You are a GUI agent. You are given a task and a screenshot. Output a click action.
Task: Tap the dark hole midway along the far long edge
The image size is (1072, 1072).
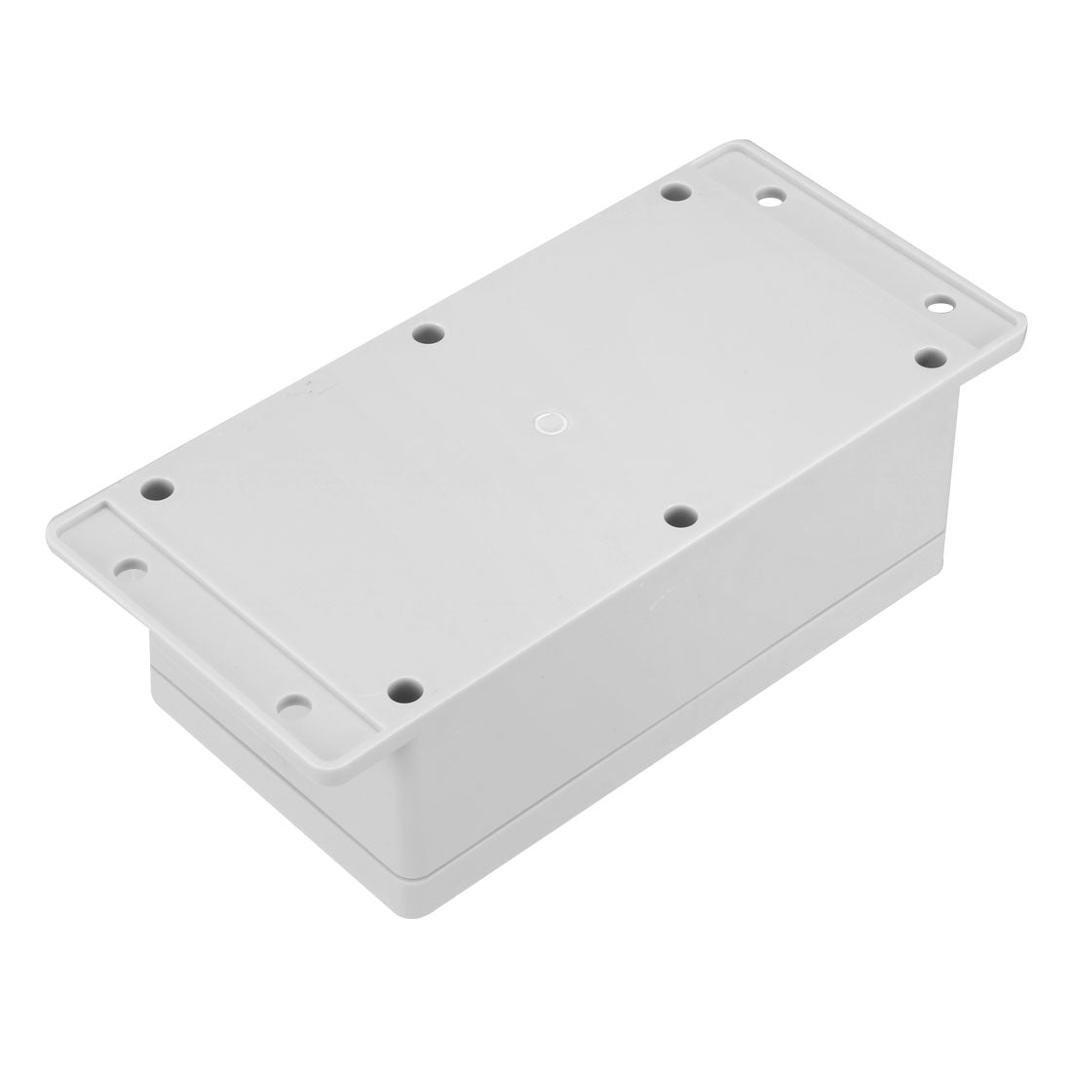425,334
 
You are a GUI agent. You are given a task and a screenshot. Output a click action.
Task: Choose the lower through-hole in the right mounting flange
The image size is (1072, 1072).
941,308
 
